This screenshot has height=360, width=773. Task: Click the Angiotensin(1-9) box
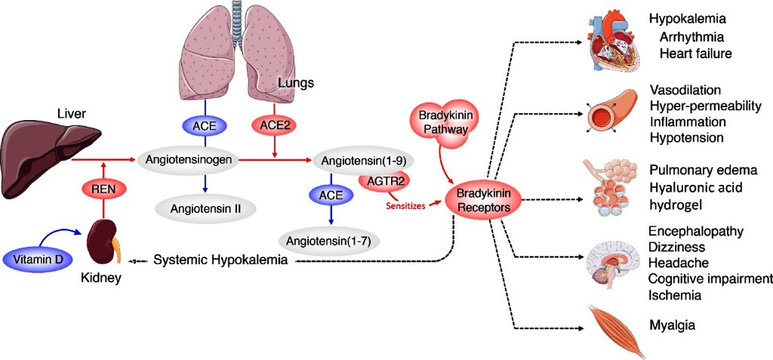coord(352,160)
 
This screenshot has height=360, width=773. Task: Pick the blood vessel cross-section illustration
coord(610,111)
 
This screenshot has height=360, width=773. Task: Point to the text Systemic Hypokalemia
coord(220,260)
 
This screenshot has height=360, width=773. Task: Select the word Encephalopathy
coord(697,231)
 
